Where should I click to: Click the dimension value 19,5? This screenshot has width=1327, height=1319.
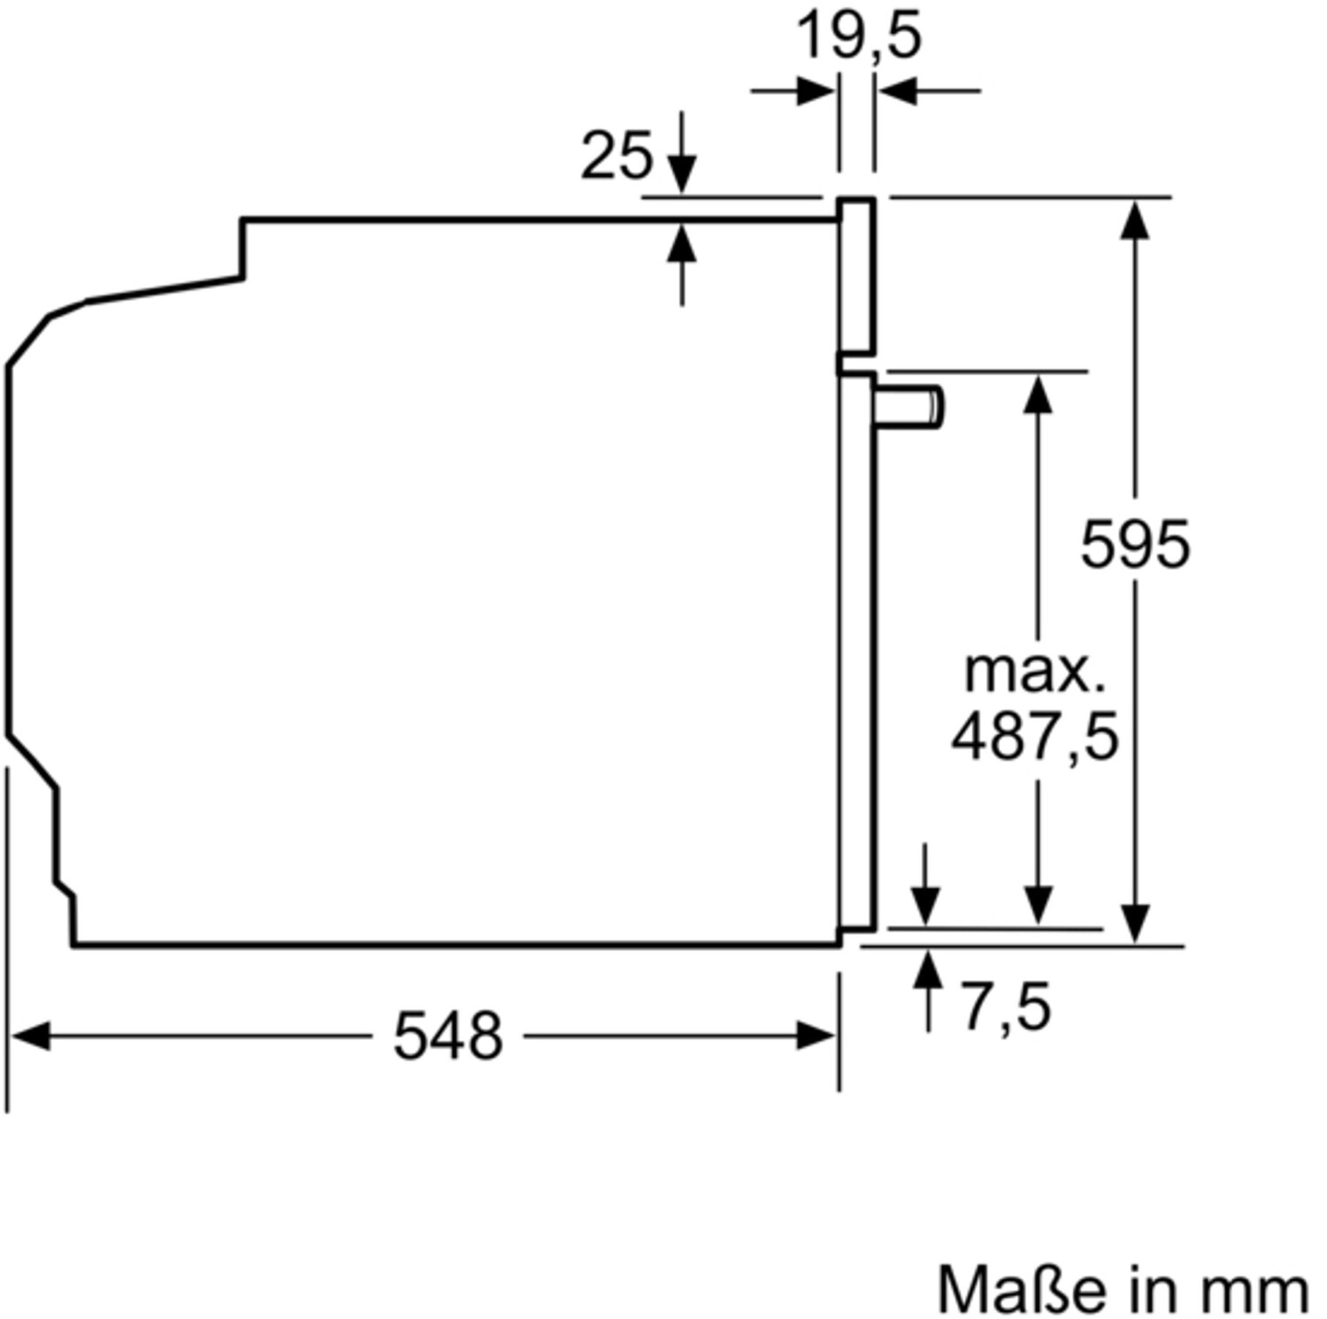(859, 36)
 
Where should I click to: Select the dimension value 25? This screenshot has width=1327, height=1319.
(616, 156)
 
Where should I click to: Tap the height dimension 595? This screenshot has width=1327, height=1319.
(1135, 544)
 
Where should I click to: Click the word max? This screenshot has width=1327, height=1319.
(1034, 671)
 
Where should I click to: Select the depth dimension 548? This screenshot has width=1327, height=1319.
(448, 1036)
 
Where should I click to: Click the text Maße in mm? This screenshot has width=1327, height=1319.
(1123, 1289)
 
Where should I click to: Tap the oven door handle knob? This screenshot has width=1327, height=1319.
(909, 408)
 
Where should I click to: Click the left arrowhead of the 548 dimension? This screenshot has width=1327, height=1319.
(29, 1036)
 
